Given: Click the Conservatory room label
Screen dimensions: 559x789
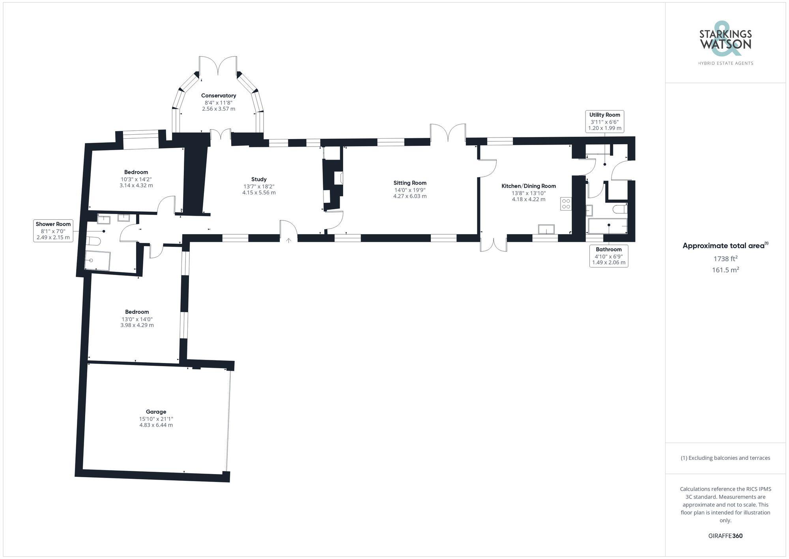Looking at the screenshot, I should tap(218, 96).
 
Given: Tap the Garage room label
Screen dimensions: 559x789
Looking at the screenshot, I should tap(156, 412).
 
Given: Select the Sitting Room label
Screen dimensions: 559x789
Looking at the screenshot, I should tap(409, 183).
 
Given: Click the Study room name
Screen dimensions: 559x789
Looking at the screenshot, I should tap(259, 179).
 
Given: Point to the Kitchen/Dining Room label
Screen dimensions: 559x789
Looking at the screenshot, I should tap(528, 186).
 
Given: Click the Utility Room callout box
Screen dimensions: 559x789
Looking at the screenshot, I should tap(604, 121).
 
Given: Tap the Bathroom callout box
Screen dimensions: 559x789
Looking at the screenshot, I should tap(608, 256).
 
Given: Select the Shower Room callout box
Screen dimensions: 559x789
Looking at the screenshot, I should tap(53, 231).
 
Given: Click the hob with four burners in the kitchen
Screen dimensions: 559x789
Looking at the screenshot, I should tap(566, 204).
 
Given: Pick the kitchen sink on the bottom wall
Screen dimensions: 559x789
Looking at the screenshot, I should tap(546, 230).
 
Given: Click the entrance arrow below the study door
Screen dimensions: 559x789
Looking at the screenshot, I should tap(289, 240).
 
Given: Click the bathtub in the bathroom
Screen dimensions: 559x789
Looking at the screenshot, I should tap(607, 226).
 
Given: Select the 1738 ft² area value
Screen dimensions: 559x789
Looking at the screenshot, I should tap(725, 259).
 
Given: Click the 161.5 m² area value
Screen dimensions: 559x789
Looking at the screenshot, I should tap(725, 270).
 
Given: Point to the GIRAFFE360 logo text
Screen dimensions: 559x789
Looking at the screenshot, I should tap(725, 536).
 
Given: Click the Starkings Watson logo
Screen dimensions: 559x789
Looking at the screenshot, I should tap(725, 44).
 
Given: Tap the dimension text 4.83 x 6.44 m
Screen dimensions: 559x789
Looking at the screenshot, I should tap(156, 425).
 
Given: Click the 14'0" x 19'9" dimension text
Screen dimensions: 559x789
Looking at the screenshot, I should tap(409, 190).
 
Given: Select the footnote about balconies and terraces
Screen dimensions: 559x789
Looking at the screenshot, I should tap(725, 458).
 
